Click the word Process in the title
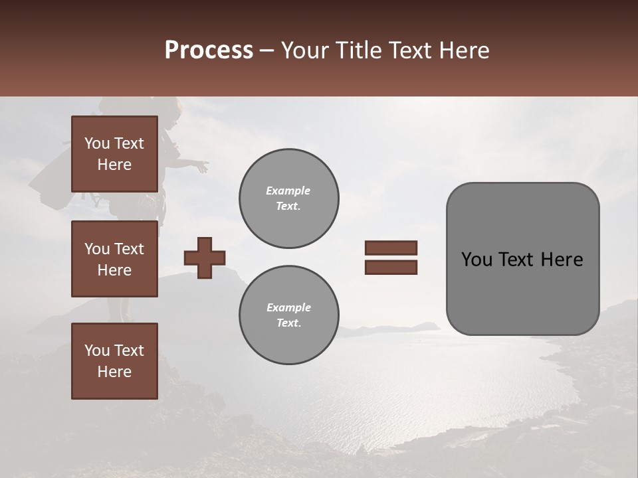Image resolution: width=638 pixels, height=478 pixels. pyautogui.click(x=209, y=50)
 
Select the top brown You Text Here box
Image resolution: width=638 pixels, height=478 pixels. pyautogui.click(x=114, y=154)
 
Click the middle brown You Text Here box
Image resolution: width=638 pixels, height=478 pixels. pyautogui.click(x=114, y=259)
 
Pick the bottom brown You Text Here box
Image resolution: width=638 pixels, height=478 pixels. pyautogui.click(x=114, y=360)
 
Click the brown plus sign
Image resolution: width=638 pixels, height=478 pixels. pyautogui.click(x=204, y=258)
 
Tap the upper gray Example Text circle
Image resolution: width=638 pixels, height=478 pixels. pyautogui.click(x=288, y=199)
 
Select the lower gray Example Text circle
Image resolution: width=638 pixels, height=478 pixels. pyautogui.click(x=288, y=315)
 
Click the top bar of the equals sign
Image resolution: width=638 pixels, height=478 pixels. pyautogui.click(x=391, y=248)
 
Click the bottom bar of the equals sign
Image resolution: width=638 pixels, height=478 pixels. pyautogui.click(x=391, y=267)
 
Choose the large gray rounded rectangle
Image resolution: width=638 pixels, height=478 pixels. pyautogui.click(x=522, y=292)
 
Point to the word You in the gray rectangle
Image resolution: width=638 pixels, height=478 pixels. pyautogui.click(x=476, y=260)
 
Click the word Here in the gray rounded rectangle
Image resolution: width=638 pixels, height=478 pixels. pyautogui.click(x=562, y=260)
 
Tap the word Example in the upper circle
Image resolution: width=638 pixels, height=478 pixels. pyautogui.click(x=288, y=191)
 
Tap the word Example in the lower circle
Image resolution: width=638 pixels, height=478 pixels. pyautogui.click(x=288, y=307)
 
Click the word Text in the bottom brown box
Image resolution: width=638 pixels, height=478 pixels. pyautogui.click(x=129, y=351)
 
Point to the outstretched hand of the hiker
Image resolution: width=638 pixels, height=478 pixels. pyautogui.click(x=203, y=165)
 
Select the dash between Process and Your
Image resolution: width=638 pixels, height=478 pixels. pyautogui.click(x=267, y=50)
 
